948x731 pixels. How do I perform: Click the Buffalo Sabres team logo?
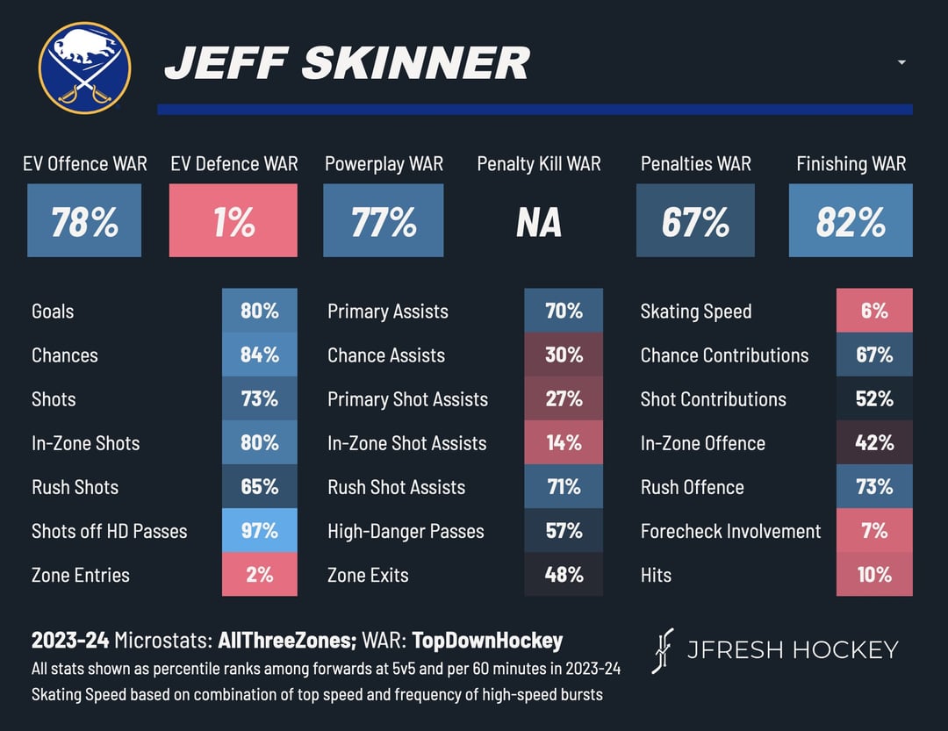pyautogui.click(x=84, y=68)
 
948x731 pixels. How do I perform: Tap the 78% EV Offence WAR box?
pyautogui.click(x=84, y=221)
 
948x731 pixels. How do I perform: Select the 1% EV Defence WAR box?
pyautogui.click(x=233, y=221)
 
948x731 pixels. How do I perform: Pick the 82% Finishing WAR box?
pyautogui.click(x=851, y=221)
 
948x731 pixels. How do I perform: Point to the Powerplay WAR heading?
pyautogui.click(x=384, y=164)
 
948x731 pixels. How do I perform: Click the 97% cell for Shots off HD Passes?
pyautogui.click(x=260, y=530)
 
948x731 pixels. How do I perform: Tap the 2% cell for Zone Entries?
pyautogui.click(x=260, y=575)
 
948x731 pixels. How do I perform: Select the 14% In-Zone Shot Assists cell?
pyautogui.click(x=564, y=442)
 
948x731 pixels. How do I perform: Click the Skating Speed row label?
pyautogui.click(x=696, y=312)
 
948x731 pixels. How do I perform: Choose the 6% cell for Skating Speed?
pyautogui.click(x=874, y=311)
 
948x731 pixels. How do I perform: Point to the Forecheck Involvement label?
pyautogui.click(x=730, y=531)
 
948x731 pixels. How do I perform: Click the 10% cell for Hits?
pyautogui.click(x=874, y=575)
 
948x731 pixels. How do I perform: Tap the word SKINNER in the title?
pyautogui.click(x=416, y=63)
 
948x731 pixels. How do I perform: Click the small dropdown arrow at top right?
pyautogui.click(x=901, y=62)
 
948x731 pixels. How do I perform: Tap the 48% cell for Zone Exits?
pyautogui.click(x=564, y=575)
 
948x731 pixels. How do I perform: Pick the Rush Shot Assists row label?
pyautogui.click(x=396, y=487)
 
